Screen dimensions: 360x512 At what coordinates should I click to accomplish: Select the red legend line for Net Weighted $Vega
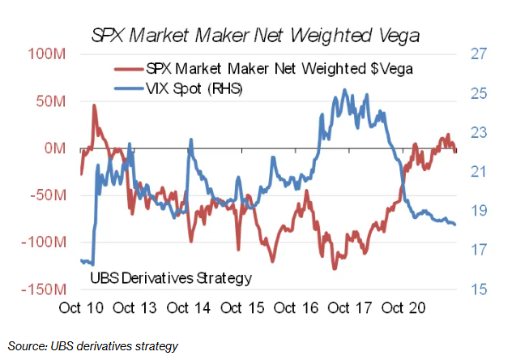pyautogui.click(x=129, y=69)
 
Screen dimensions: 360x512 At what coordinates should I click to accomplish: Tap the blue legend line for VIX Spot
pyautogui.click(x=129, y=88)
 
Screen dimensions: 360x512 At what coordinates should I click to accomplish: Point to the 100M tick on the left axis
pyautogui.click(x=48, y=54)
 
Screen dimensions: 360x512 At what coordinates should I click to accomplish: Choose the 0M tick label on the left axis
pyautogui.click(x=56, y=148)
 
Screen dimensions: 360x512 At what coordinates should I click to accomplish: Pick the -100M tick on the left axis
pyautogui.click(x=45, y=242)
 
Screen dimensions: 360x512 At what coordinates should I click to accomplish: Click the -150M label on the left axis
pyautogui.click(x=45, y=289)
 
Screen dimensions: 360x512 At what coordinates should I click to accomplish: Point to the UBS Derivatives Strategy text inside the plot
pyautogui.click(x=169, y=278)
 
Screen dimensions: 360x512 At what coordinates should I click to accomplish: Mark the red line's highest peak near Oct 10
pyautogui.click(x=94, y=105)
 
